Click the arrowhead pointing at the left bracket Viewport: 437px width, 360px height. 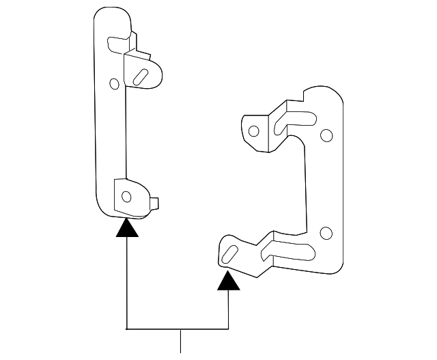point(127,229)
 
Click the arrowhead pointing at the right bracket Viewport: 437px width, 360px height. point(228,280)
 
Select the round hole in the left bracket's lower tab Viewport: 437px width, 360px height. point(126,197)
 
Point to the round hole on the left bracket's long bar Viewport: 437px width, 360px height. point(114,84)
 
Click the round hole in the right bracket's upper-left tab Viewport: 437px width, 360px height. point(253,130)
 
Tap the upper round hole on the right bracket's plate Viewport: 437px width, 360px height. point(326,135)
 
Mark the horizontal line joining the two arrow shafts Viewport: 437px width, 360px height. point(178,329)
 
